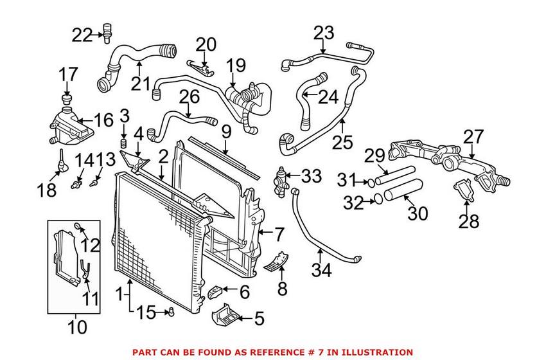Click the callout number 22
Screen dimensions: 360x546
pos(82,35)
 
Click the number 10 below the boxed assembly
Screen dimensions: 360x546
pos(77,327)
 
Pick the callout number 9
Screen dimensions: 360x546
pos(225,132)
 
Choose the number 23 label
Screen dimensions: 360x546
pos(324,32)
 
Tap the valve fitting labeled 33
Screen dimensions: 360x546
pos(281,177)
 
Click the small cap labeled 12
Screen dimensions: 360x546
pos(78,226)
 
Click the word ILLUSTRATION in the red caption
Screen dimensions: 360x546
pos(379,352)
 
